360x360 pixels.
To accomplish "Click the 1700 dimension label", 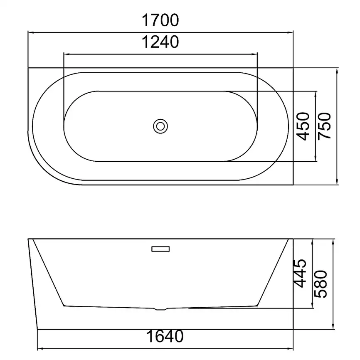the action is (160, 20).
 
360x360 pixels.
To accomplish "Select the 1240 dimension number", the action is (160, 42).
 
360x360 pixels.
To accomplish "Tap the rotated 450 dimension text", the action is (303, 126).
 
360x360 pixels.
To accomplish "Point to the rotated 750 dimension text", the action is (324, 126).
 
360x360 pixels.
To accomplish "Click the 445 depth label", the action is (300, 274).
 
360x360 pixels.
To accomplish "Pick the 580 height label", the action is (321, 284).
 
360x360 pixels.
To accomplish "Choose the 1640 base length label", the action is (165, 336).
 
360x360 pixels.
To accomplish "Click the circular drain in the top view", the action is (160, 126).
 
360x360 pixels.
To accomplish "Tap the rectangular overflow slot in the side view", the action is (160, 249).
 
